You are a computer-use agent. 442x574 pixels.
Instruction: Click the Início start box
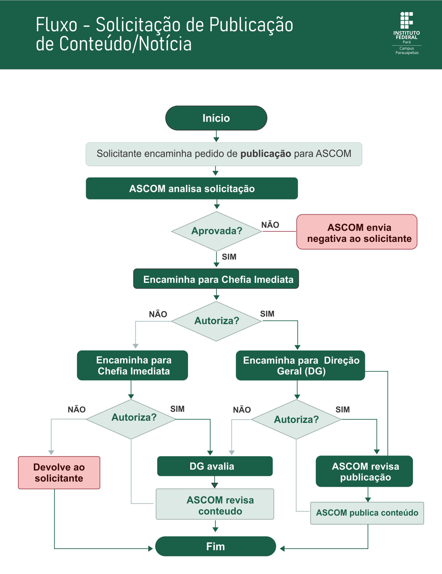pyautogui.click(x=216, y=118)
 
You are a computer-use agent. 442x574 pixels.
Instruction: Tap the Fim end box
pyautogui.click(x=215, y=546)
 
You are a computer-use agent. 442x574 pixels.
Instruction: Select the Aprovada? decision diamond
pyautogui.click(x=217, y=231)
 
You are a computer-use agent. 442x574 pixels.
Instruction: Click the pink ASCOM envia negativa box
pyautogui.click(x=357, y=232)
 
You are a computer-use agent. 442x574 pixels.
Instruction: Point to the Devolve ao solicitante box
pyautogui.click(x=59, y=473)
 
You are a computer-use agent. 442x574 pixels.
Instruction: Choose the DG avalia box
pyautogui.click(x=215, y=466)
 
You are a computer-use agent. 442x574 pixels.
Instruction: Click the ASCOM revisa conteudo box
pyautogui.click(x=215, y=504)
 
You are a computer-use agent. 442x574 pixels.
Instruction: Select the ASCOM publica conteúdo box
pyautogui.click(x=367, y=513)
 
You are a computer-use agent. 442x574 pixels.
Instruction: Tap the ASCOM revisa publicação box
pyautogui.click(x=364, y=471)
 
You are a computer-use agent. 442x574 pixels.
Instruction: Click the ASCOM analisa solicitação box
pyautogui.click(x=192, y=188)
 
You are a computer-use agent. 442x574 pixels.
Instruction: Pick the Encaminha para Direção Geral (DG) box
pyautogui.click(x=300, y=365)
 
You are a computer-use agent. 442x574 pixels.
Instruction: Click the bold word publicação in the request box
pyautogui.click(x=266, y=154)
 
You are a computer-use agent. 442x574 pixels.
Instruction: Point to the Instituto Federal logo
pyautogui.click(x=407, y=33)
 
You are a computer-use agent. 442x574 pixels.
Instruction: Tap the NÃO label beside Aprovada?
pyautogui.click(x=270, y=225)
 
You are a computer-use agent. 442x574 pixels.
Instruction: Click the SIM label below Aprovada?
pyautogui.click(x=229, y=257)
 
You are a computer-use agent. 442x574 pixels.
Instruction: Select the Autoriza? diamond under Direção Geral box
pyautogui.click(x=296, y=419)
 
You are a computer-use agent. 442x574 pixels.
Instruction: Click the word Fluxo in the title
pyautogui.click(x=57, y=25)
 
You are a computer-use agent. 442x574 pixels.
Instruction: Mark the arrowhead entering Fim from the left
pyautogui.click(x=151, y=549)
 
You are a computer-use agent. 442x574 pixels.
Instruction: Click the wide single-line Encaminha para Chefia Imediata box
pyautogui.click(x=216, y=279)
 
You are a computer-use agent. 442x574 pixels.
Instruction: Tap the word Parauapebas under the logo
pyautogui.click(x=407, y=53)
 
